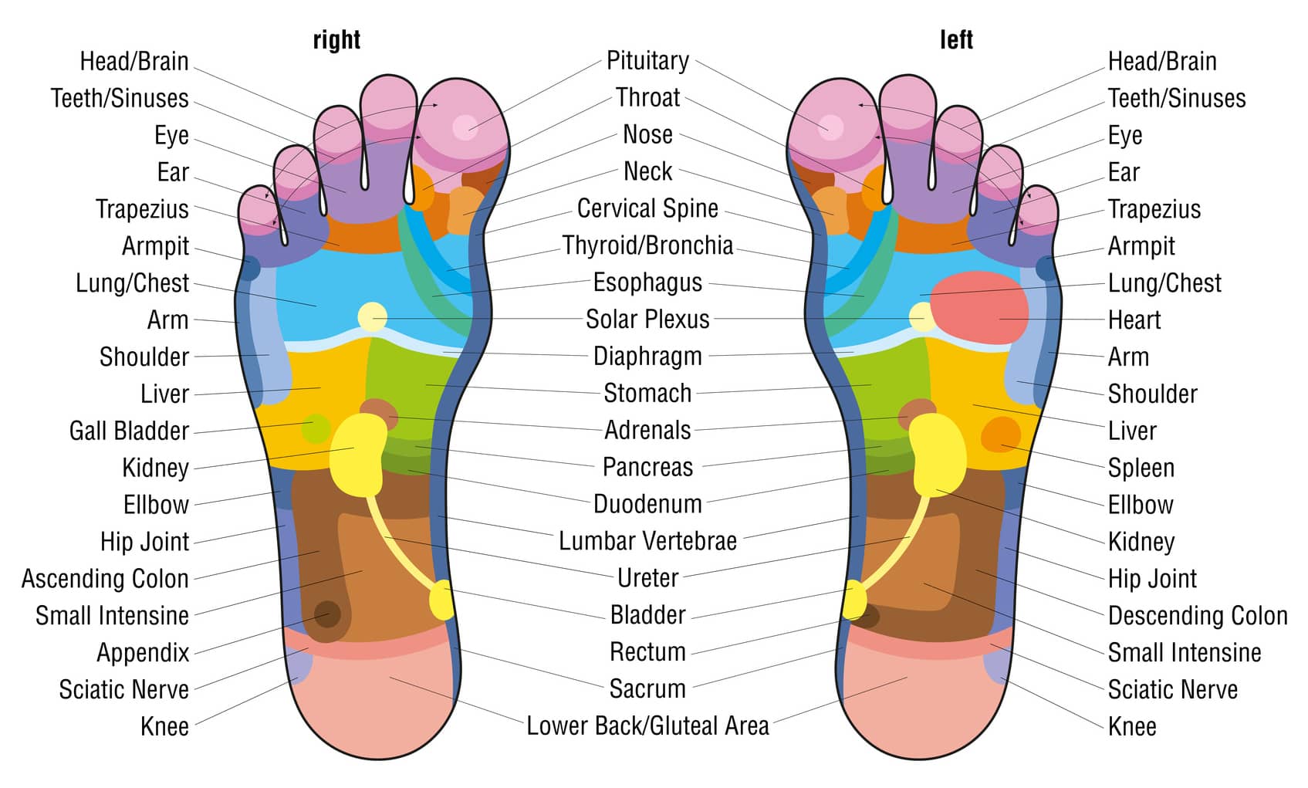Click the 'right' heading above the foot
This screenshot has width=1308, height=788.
[x=336, y=40]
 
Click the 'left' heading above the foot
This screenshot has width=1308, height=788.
[x=956, y=39]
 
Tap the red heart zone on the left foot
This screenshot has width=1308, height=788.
[x=979, y=307]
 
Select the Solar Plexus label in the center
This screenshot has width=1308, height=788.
[x=647, y=320]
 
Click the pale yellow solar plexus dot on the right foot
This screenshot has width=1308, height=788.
[x=372, y=317]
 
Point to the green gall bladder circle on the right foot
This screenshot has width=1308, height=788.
[x=316, y=428]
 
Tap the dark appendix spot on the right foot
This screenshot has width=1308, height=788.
[x=327, y=614]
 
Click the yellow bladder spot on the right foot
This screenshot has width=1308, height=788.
[x=441, y=600]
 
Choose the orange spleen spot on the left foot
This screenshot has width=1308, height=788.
[x=1001, y=435]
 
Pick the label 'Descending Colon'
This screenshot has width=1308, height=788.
[x=1198, y=616]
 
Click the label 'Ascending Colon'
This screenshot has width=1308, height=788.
[x=105, y=579]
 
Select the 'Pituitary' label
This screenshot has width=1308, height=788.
[x=647, y=61]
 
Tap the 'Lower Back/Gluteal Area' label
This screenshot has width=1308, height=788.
[x=647, y=726]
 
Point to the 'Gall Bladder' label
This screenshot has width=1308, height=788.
[x=129, y=431]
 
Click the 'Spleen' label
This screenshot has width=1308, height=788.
[x=1141, y=468]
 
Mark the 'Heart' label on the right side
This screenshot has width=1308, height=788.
[x=1134, y=320]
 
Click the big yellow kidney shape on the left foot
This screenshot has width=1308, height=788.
[x=937, y=455]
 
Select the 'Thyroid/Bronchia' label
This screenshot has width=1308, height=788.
[x=647, y=246]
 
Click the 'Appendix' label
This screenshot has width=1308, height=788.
[x=143, y=653]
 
